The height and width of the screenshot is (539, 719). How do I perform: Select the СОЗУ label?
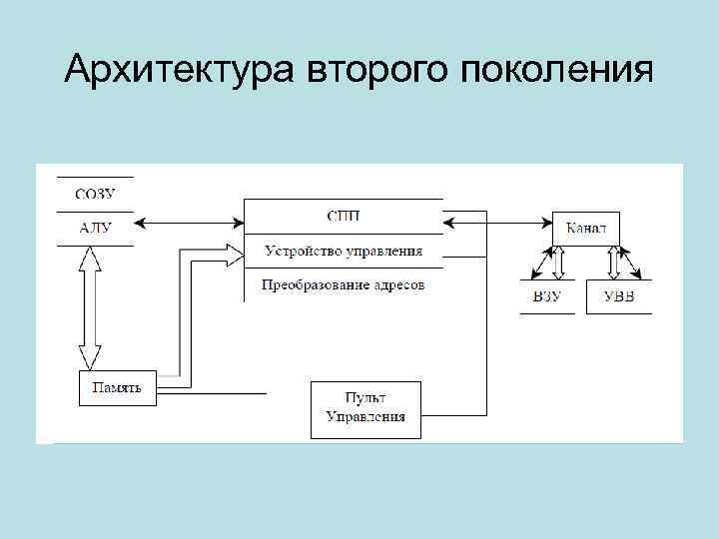tap(95, 194)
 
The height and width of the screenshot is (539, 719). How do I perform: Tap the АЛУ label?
tap(96, 228)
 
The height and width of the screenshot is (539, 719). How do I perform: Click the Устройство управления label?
tap(343, 252)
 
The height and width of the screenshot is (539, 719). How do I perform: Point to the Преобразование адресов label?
tap(343, 285)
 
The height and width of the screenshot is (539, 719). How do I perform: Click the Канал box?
tap(586, 229)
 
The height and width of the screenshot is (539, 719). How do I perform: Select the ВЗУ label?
tap(547, 297)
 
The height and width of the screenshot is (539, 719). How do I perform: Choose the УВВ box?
tap(618, 297)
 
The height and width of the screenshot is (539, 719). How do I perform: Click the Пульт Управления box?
tap(365, 408)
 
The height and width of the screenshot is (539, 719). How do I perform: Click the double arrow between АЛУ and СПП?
tap(190, 221)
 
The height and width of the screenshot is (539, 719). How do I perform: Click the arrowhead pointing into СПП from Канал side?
tap(450, 221)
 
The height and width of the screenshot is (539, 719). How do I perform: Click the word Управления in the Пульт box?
tap(365, 417)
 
